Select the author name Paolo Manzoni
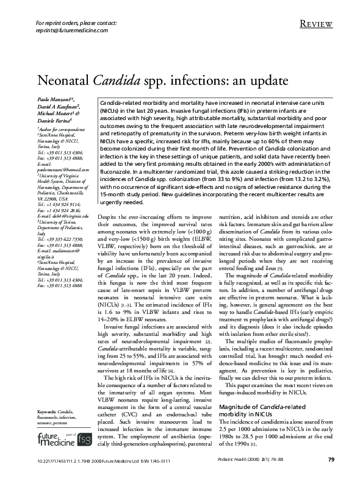point(54,98)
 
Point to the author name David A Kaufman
point(59,105)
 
